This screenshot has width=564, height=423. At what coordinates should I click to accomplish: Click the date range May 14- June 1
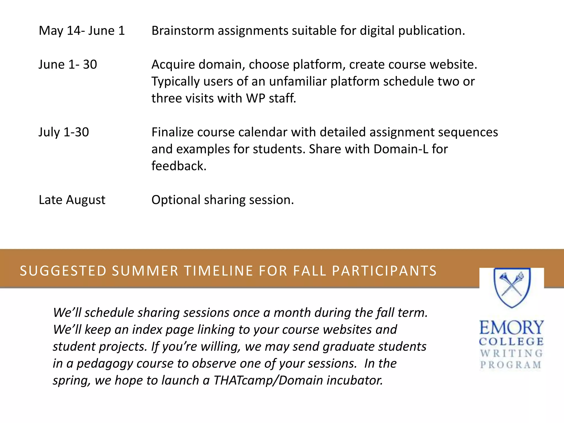[82, 31]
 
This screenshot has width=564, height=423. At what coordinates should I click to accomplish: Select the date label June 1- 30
[68, 64]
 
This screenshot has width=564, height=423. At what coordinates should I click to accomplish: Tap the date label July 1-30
[64, 132]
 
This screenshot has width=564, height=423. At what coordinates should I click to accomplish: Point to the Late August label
[72, 200]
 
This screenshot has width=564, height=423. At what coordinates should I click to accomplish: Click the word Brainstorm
[183, 31]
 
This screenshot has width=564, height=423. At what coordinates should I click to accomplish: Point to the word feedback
[179, 166]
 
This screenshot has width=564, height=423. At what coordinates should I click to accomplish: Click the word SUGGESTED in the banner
[63, 271]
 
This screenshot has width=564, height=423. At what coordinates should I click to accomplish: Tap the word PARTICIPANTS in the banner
[384, 271]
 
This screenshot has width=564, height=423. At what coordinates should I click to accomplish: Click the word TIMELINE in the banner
[218, 271]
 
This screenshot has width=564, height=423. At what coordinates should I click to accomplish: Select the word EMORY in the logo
[511, 328]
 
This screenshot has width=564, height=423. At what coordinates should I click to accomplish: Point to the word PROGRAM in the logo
[511, 365]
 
